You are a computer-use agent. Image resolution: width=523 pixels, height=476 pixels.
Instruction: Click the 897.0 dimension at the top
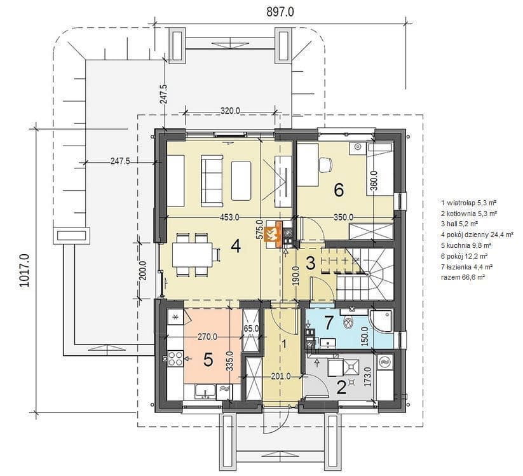[x=280, y=12]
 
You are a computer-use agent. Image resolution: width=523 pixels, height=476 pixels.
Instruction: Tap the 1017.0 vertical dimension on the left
[x=25, y=270]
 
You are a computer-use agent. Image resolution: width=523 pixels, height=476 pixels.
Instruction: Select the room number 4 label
[x=236, y=247]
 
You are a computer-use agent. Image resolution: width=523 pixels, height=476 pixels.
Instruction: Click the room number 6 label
[x=339, y=190]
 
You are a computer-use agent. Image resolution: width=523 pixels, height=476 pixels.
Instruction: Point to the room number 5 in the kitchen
[x=208, y=360]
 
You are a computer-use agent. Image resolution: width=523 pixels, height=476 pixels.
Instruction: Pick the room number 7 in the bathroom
[x=329, y=323]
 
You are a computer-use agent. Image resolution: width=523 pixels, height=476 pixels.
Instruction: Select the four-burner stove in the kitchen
[x=175, y=360]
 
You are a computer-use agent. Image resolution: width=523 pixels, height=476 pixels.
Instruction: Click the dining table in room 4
[x=193, y=254]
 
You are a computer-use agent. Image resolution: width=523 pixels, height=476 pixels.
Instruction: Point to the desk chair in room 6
[x=325, y=165]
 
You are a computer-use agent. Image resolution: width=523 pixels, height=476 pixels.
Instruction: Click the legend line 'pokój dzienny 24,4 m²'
[x=477, y=235]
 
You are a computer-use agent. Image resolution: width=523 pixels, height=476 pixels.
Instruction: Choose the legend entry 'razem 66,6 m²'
[x=463, y=277]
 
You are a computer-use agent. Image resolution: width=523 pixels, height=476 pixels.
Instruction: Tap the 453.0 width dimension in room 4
[x=229, y=217]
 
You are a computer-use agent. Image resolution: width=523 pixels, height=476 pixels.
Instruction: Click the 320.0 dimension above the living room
[x=230, y=111]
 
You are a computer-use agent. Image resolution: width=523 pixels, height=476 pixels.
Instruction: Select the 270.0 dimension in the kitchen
[x=207, y=337]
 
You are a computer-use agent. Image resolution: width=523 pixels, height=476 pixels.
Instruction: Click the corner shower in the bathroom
[x=381, y=321]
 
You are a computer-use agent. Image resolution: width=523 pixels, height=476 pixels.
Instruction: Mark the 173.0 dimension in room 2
[x=368, y=377]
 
